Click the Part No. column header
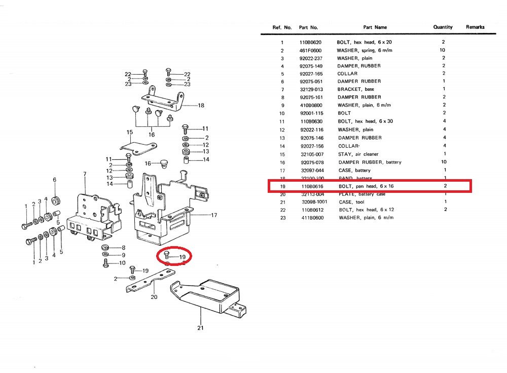pyautogui.click(x=308, y=27)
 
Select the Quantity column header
pyautogui.click(x=443, y=27)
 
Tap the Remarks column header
pyautogui.click(x=475, y=27)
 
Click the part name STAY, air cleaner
pyautogui.click(x=358, y=154)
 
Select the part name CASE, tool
pyautogui.click(x=352, y=201)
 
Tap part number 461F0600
pyautogui.click(x=310, y=50)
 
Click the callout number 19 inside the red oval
pyautogui.click(x=182, y=257)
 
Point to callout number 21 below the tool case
pyautogui.click(x=200, y=328)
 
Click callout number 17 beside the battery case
pyautogui.click(x=214, y=215)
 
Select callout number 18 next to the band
pyautogui.click(x=201, y=106)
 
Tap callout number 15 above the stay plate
pyautogui.click(x=129, y=132)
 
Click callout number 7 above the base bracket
pyautogui.click(x=85, y=175)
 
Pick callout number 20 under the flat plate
pyautogui.click(x=154, y=297)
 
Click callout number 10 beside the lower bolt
pyautogui.click(x=122, y=263)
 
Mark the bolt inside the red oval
pyautogui.click(x=168, y=256)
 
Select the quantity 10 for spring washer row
pyautogui.click(x=443, y=50)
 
